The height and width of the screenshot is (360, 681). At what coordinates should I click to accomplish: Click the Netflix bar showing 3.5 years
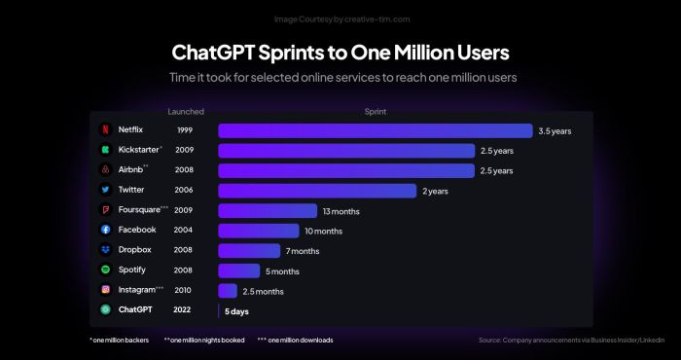[375, 130]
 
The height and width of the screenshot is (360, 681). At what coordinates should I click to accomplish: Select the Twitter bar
[318, 191]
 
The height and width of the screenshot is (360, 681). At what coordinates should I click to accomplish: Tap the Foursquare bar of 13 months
[268, 210]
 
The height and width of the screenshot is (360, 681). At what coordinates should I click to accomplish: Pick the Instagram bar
[228, 290]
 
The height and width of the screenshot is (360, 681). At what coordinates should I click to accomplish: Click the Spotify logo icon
[105, 270]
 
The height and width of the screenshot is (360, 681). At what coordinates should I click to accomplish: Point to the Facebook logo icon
[105, 230]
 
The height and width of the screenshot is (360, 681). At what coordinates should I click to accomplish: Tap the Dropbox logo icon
[105, 250]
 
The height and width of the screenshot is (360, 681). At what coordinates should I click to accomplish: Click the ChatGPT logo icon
[105, 309]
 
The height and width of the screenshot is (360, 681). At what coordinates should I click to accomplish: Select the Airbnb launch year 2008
[183, 170]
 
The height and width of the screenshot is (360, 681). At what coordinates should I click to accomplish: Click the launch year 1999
[183, 130]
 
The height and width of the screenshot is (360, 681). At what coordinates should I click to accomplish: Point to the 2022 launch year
[183, 309]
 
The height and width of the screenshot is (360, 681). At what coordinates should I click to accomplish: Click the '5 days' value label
[237, 311]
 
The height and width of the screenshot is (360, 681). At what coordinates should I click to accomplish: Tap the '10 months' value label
[323, 231]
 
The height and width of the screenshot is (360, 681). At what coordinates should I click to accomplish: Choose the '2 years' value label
[435, 191]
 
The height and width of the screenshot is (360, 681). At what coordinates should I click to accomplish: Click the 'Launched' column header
[185, 112]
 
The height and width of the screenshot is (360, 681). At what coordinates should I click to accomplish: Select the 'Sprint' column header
[376, 112]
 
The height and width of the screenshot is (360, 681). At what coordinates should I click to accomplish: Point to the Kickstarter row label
[140, 150]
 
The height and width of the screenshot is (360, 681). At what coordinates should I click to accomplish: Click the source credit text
[572, 340]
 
